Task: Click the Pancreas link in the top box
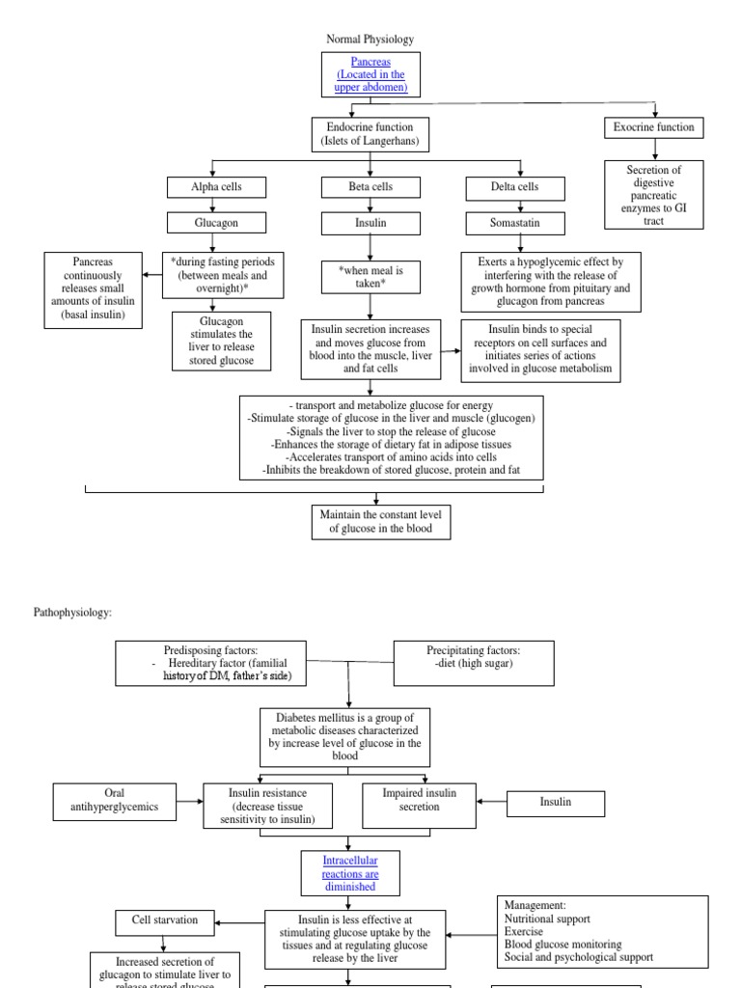coord(370,61)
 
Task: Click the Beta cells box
coord(370,186)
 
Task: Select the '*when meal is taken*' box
coord(370,278)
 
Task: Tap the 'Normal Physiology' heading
coord(370,40)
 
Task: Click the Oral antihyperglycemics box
coord(114,801)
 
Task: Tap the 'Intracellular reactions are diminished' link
coord(348,871)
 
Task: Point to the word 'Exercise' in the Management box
coord(524,932)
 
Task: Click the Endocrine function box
coord(370,134)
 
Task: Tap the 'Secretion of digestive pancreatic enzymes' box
coord(653,194)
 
